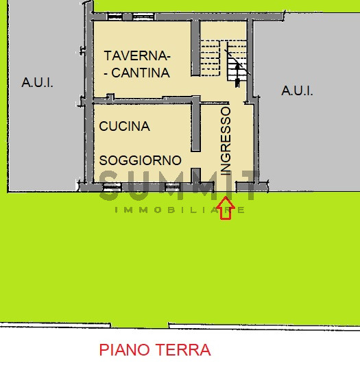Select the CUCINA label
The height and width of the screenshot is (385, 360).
click(x=124, y=126)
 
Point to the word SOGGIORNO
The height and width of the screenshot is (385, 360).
click(x=141, y=160)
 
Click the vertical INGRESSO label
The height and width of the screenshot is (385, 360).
click(x=226, y=142)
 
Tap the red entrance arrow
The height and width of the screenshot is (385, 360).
click(x=227, y=208)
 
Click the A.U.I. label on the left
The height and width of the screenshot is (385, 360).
click(x=37, y=83)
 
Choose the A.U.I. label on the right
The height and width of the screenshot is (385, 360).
click(x=298, y=90)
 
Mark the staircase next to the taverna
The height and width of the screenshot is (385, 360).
click(x=223, y=58)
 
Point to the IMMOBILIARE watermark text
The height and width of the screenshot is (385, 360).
click(x=180, y=210)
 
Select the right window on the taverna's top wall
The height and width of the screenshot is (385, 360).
click(x=143, y=16)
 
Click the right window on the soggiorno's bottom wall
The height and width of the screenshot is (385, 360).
click(x=172, y=185)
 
